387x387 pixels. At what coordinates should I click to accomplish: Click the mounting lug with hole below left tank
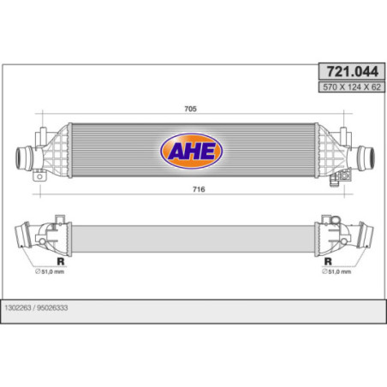coord(39,179)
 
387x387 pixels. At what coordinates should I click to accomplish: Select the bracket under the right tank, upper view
coord(345,177)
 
